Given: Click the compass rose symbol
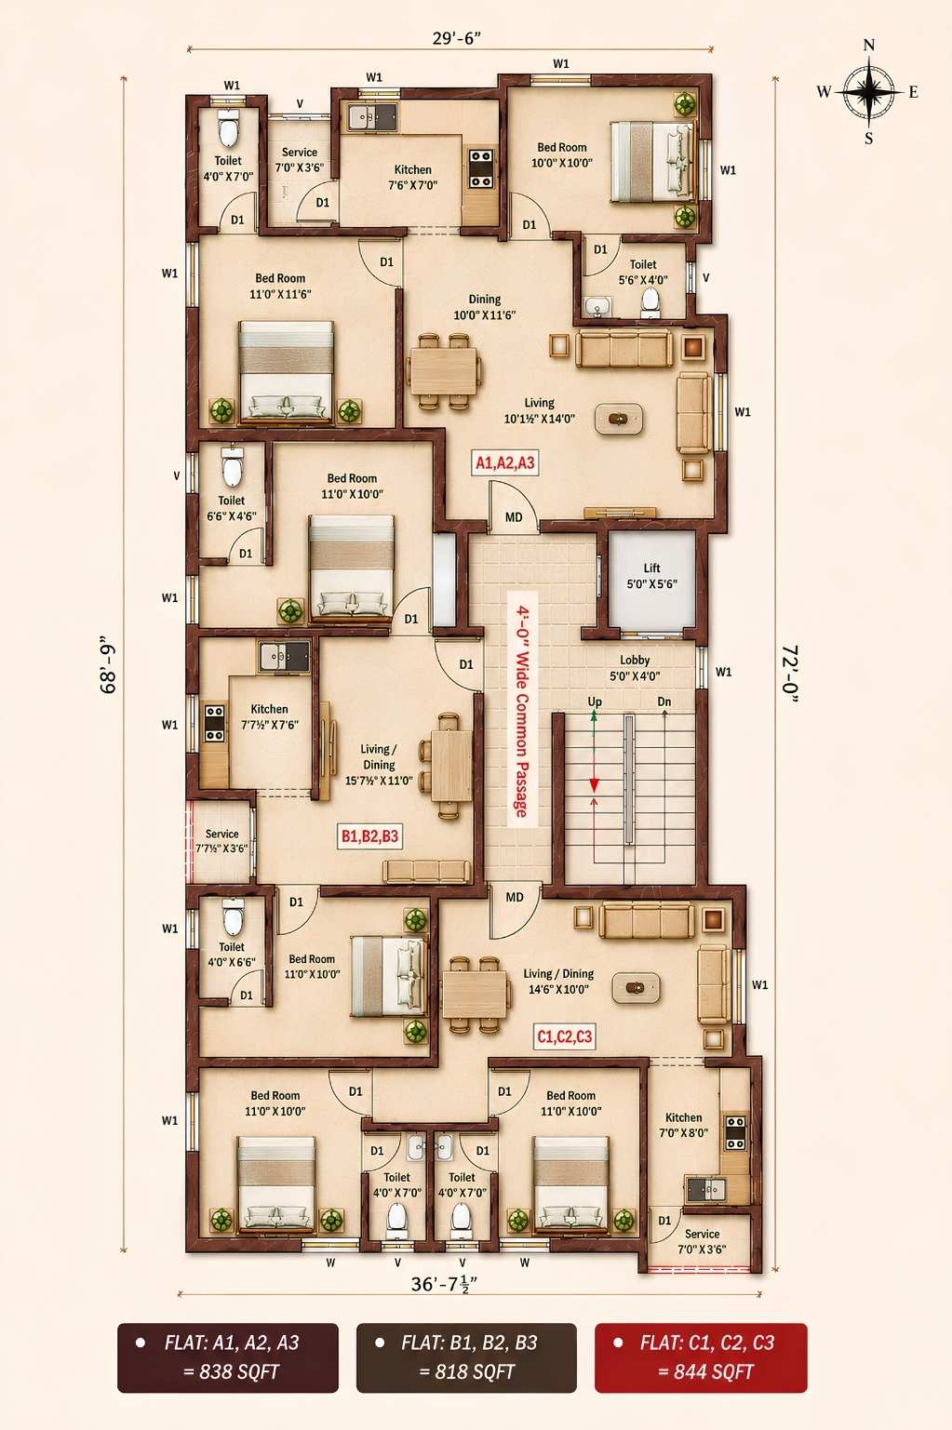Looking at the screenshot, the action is (868, 92).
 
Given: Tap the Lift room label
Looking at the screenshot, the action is (651, 576).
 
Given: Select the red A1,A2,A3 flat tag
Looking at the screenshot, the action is (504, 462).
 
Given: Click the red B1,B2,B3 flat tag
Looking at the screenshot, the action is (369, 836).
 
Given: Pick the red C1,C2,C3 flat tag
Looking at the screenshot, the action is (565, 1036).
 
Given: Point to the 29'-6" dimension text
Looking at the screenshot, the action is (456, 38).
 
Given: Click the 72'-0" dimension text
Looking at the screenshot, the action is (790, 675).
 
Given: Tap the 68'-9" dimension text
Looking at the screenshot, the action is (108, 664).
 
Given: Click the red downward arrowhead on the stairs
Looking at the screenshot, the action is (594, 785).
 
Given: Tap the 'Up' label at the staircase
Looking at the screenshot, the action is (595, 702).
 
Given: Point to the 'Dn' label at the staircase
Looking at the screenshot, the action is (664, 702).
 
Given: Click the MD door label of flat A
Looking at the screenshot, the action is (514, 517).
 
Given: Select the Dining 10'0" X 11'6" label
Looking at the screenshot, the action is (484, 307).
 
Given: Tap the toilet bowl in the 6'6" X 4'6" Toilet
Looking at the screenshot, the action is (232, 466).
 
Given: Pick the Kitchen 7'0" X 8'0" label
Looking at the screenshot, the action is (683, 1126).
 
